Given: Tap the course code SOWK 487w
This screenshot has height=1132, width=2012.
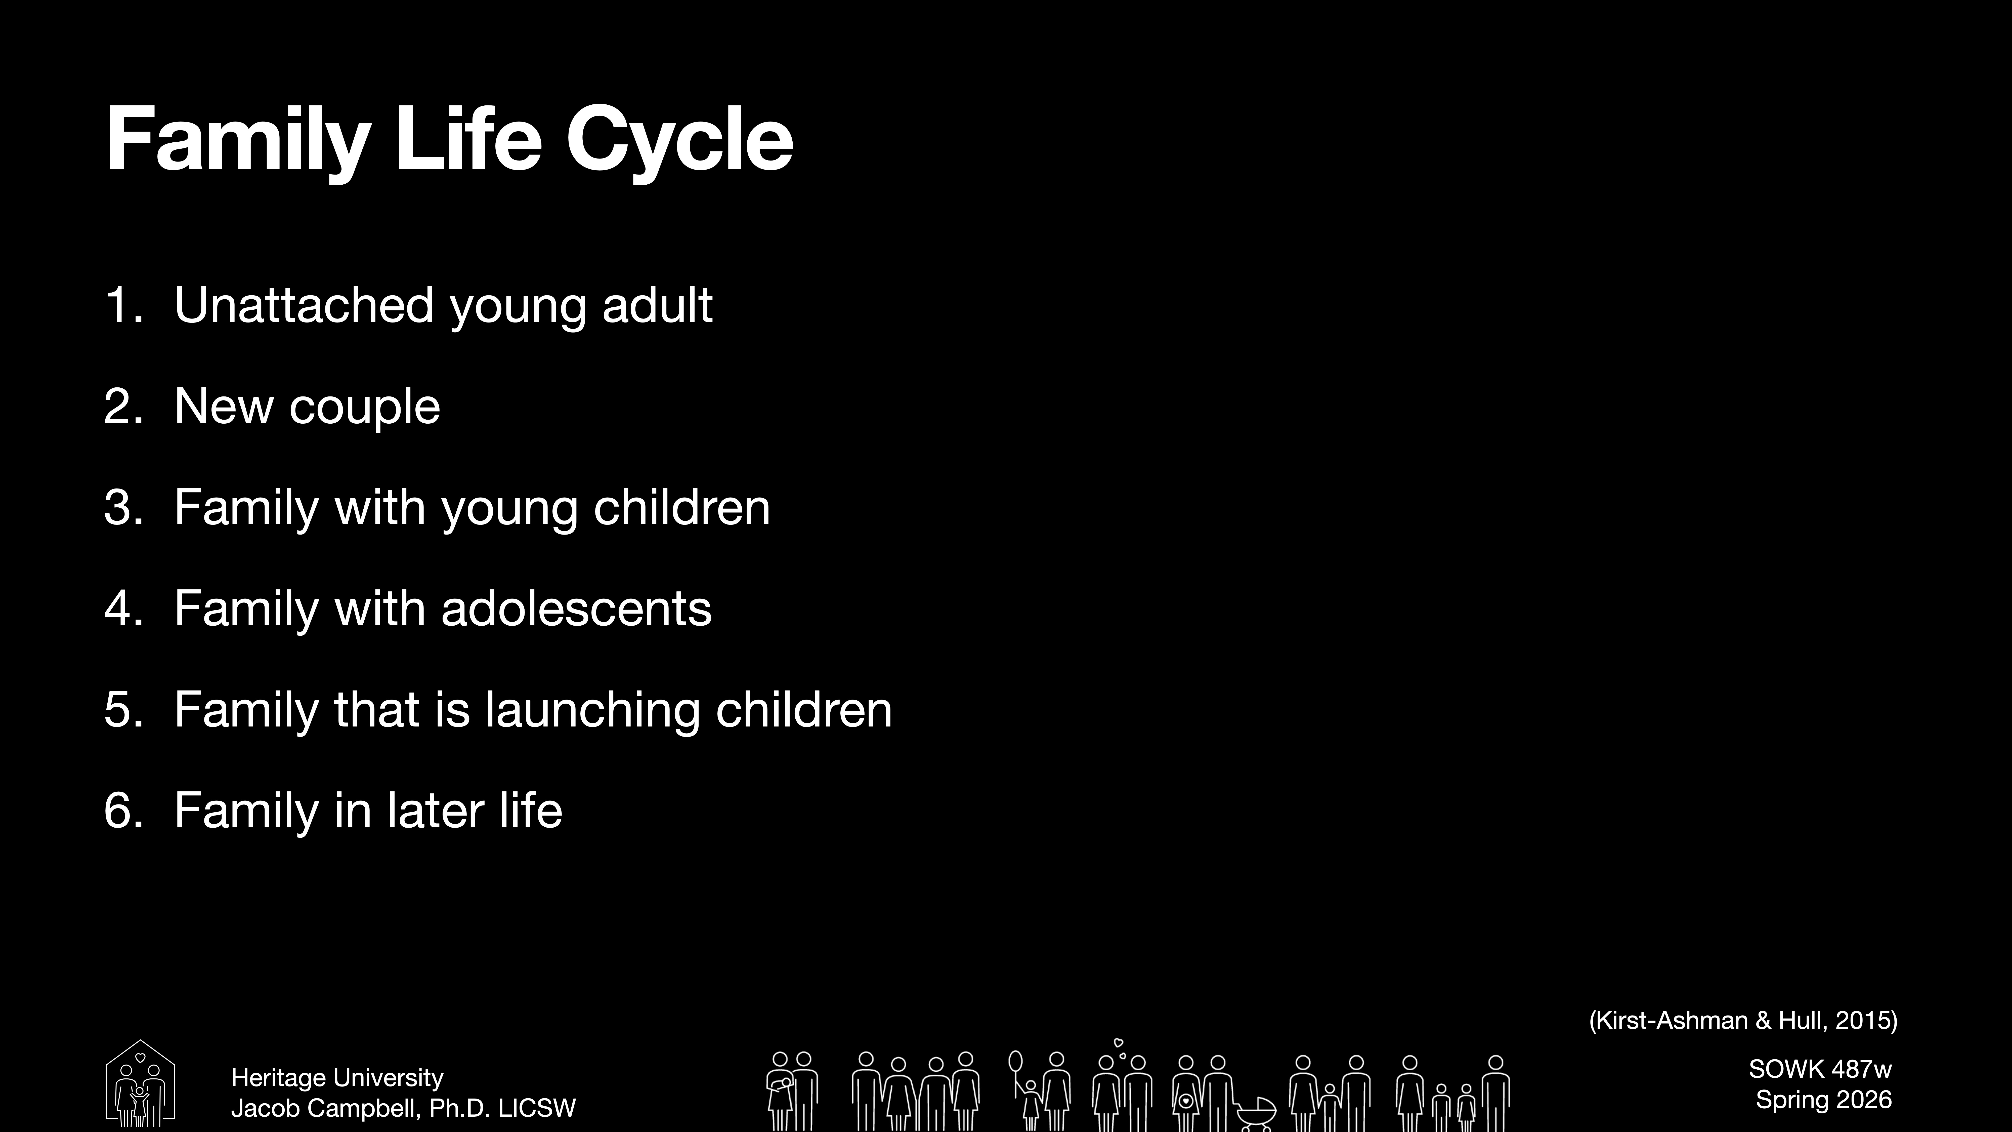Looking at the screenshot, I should click(1820, 1069).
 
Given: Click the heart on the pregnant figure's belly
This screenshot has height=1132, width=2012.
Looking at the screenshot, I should click(1186, 1102).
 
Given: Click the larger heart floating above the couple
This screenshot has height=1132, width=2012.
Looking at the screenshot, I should click(1118, 1042).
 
